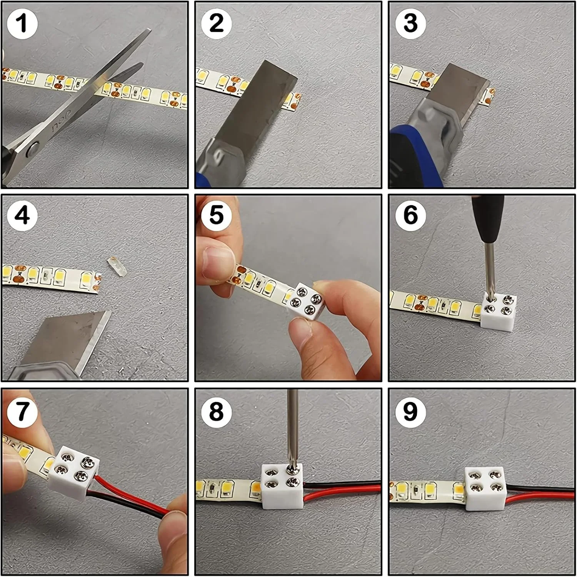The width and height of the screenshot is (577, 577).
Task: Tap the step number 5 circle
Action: pos(216,215)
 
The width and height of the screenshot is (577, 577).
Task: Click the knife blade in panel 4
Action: pos(69,339)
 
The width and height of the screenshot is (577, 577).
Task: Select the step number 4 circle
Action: pos(22,215)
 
